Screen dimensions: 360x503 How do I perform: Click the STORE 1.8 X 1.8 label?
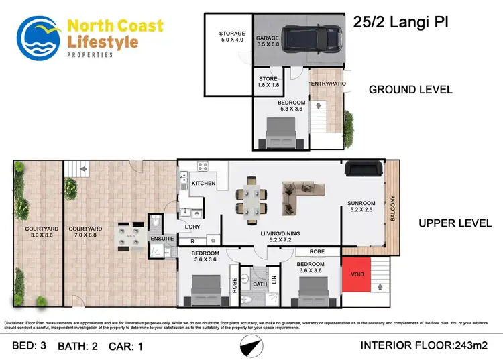(x=268, y=82)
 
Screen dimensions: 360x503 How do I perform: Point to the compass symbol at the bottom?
(x=251, y=346)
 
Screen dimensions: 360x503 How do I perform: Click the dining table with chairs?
(x=253, y=199)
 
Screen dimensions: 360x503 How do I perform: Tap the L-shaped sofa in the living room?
(x=298, y=194)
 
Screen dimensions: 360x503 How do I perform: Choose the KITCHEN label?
(x=203, y=183)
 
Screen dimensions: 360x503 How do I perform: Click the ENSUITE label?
(x=162, y=237)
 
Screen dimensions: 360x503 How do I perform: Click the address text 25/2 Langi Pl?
(x=400, y=22)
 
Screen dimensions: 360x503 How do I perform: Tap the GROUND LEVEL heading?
(x=410, y=89)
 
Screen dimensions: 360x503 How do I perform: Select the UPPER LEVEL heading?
(x=455, y=223)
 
